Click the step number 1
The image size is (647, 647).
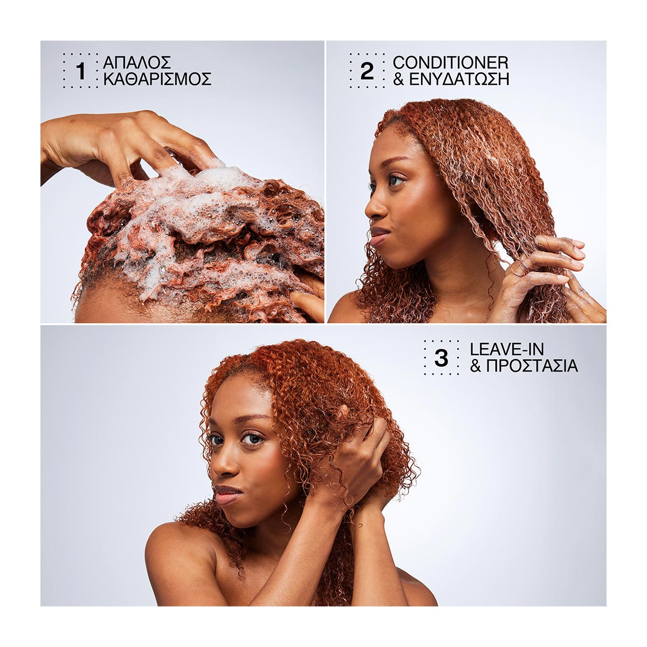coord(81,71)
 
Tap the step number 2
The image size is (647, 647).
coord(367,71)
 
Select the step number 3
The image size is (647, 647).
coord(441,357)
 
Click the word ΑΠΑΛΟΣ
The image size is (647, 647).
coord(137,62)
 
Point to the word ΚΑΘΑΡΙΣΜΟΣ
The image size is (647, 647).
coord(157,79)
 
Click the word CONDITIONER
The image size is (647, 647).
coord(451,62)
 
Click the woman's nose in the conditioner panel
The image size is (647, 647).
coord(373,208)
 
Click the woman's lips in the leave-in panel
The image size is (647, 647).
coord(228,493)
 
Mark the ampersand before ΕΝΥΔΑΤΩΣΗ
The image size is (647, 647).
coord(398,80)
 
